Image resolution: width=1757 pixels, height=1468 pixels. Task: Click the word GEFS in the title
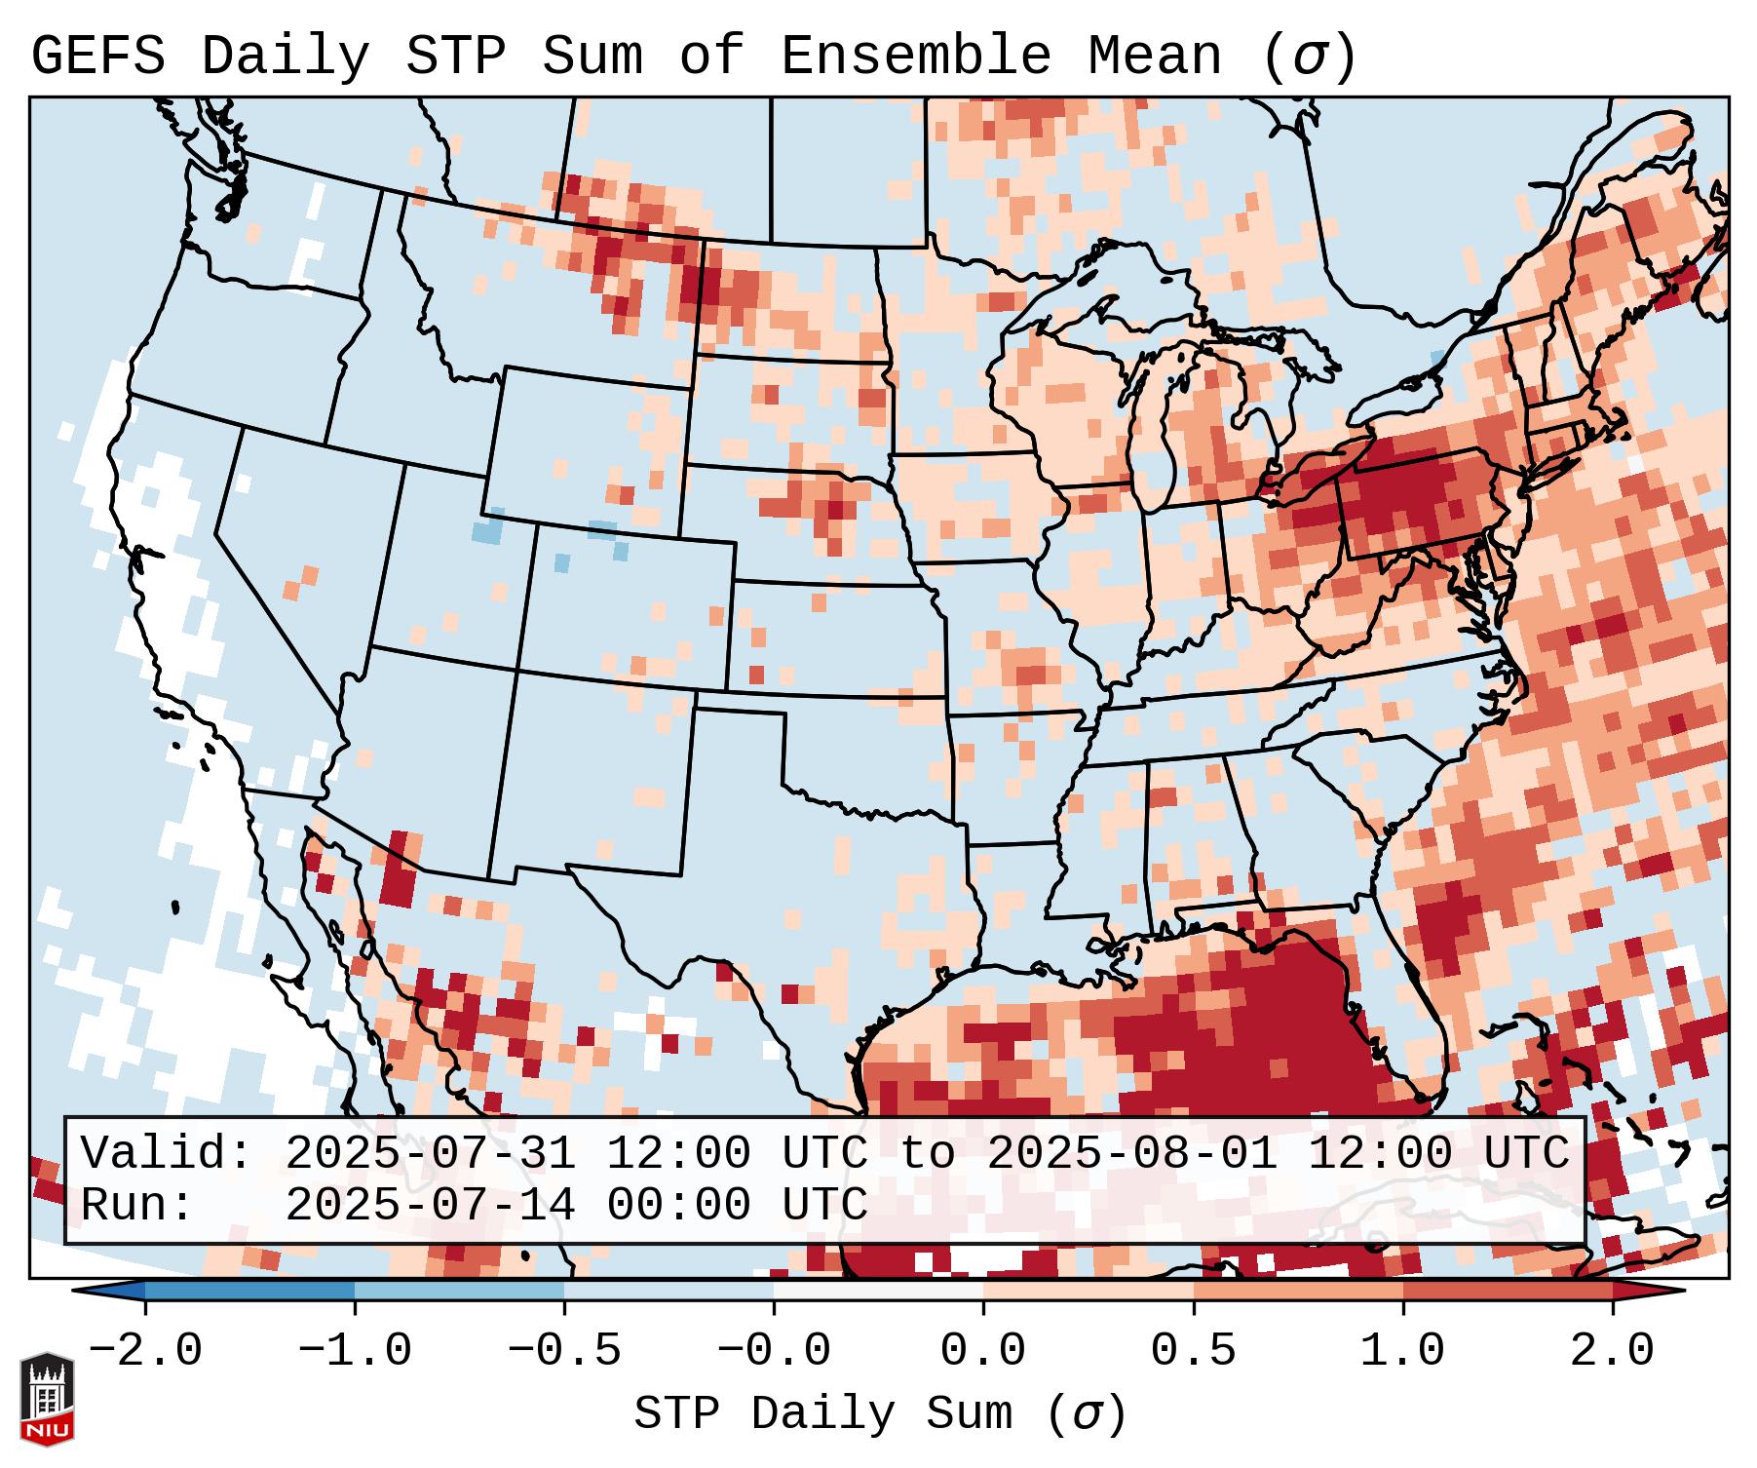[97, 57]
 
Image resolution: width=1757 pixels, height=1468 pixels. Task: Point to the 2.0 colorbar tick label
[1612, 1351]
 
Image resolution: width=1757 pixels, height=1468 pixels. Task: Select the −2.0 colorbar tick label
[145, 1351]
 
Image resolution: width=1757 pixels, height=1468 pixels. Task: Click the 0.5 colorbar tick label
[1193, 1351]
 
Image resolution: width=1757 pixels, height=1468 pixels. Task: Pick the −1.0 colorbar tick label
[355, 1351]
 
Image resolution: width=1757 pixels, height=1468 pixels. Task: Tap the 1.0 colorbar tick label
[1402, 1351]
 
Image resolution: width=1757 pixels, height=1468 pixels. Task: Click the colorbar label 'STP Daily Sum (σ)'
[880, 1413]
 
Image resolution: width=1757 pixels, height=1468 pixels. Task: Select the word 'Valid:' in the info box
[167, 1154]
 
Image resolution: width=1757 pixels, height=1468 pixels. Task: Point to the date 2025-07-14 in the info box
[430, 1205]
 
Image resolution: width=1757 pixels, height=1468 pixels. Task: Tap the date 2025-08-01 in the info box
[1131, 1154]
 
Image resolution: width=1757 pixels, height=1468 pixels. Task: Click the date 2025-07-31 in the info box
[430, 1154]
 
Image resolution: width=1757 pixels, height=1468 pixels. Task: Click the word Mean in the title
[1154, 57]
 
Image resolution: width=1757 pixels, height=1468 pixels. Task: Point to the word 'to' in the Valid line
[927, 1154]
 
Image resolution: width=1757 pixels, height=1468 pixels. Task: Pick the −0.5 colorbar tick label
[564, 1351]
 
